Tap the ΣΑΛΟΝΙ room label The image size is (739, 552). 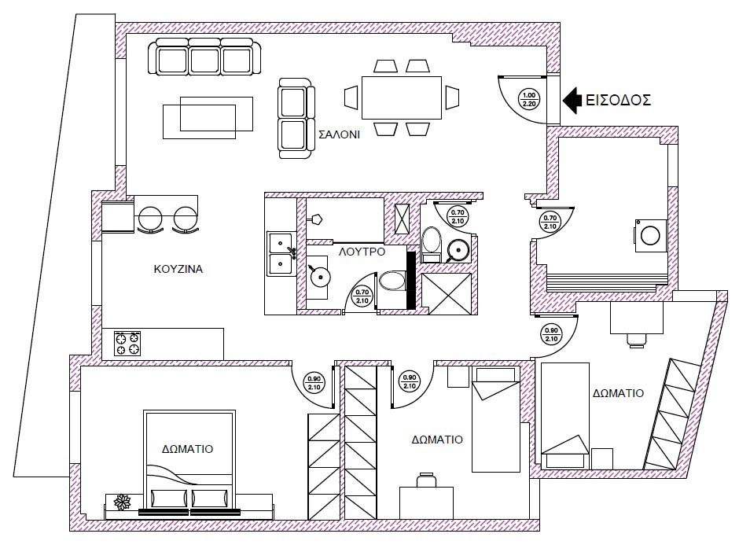(340, 134)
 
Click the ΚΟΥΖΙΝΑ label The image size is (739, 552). (178, 269)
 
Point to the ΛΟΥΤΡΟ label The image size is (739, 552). (362, 252)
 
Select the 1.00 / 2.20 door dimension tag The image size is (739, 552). (529, 99)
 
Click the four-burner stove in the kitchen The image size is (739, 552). (127, 343)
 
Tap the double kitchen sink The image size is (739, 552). (281, 254)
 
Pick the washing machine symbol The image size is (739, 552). (650, 235)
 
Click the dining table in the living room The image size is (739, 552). (402, 98)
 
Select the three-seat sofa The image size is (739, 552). (204, 57)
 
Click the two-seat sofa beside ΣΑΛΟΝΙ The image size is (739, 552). (296, 118)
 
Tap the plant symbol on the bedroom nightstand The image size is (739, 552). (122, 502)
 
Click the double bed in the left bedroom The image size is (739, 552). (189, 464)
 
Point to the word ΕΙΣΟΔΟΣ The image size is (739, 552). (619, 100)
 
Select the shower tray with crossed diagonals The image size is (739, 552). (447, 293)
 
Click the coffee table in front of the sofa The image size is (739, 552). (208, 118)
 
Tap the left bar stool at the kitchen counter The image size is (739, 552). (150, 219)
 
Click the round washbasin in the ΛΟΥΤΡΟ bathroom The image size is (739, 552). (320, 277)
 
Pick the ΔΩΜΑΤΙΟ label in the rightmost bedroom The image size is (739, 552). (619, 393)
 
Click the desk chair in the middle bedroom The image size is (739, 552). (426, 480)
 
